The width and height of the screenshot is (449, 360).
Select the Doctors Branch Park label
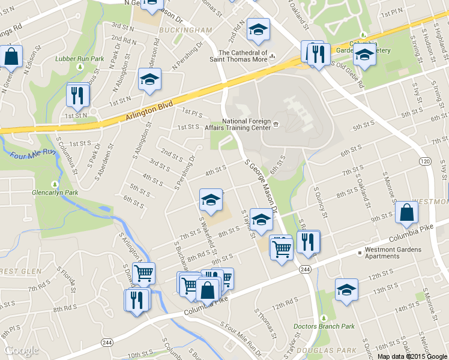click(x=324, y=327)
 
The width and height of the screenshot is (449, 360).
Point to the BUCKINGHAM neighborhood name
click(x=185, y=29)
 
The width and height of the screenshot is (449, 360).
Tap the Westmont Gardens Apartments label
click(x=393, y=253)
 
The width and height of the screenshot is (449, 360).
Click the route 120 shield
click(x=426, y=161)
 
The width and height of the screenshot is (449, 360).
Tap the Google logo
click(x=22, y=351)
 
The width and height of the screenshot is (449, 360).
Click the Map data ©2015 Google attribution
click(x=412, y=356)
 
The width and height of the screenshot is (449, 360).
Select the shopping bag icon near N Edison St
click(x=11, y=57)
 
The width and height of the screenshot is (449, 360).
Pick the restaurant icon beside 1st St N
click(x=77, y=95)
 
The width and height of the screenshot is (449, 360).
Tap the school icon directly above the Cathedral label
click(x=258, y=29)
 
